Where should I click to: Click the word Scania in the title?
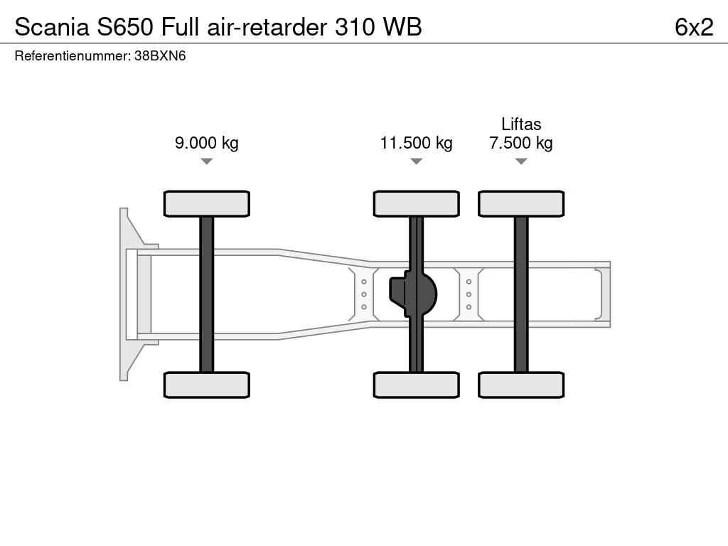point(52,27)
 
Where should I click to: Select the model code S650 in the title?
point(125,27)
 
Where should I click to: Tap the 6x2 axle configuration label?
point(694,27)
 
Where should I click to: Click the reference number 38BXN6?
point(160,55)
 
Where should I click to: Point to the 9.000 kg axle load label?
point(207,142)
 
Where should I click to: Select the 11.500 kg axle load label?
point(417,142)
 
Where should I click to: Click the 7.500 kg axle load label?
point(521,142)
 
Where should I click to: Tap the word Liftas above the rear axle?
point(521,124)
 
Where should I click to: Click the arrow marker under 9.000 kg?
point(207,161)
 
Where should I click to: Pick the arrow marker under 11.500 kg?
point(417,161)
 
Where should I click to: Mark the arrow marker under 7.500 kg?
point(521,161)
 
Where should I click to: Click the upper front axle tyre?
point(207,204)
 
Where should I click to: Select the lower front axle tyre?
point(207,385)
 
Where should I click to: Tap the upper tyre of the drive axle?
point(417,204)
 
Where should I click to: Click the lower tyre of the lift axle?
point(521,385)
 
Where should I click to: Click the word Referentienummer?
point(73,55)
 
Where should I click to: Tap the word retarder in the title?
point(288,27)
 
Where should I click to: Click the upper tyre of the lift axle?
point(521,204)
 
